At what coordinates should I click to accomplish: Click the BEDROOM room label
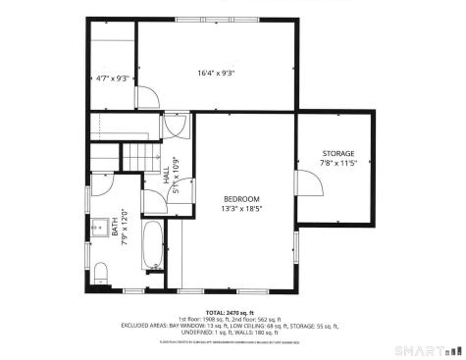[x=241, y=198]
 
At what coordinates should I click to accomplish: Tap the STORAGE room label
[x=337, y=154]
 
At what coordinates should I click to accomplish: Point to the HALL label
[x=166, y=176]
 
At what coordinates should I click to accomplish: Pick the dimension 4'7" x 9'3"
[x=112, y=78]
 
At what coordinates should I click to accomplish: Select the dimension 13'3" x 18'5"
[x=241, y=208]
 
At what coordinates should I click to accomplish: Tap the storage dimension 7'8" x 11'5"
[x=337, y=164]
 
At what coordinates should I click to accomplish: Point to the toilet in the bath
[x=102, y=271]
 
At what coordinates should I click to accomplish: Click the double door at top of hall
[x=177, y=125]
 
